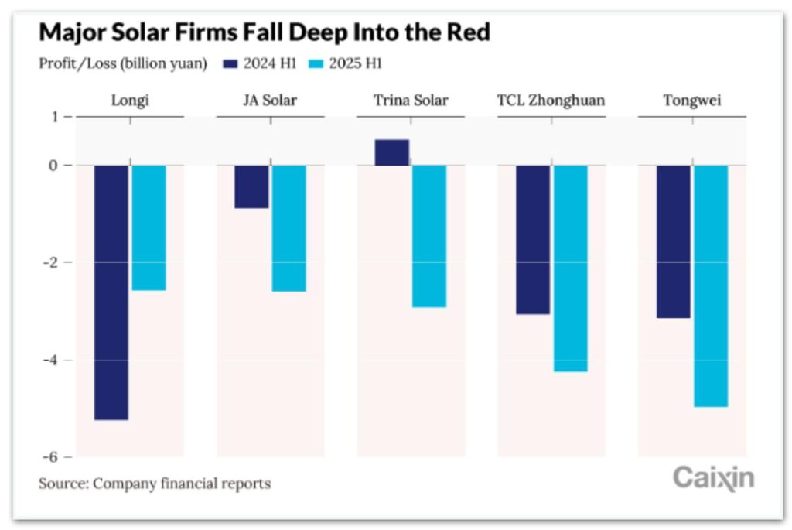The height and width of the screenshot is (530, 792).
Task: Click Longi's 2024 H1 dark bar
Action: (x=111, y=292)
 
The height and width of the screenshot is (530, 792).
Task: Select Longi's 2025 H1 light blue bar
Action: (x=148, y=227)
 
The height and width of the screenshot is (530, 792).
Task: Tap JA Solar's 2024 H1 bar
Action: (x=251, y=186)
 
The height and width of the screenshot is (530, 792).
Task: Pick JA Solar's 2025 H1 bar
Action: (x=288, y=228)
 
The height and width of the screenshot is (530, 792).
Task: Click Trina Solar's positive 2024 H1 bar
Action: (x=391, y=152)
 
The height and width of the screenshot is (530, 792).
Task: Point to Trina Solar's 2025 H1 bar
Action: (x=428, y=236)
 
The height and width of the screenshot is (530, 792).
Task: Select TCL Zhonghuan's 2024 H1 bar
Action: (x=533, y=240)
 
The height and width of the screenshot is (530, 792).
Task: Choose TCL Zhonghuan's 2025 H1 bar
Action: (x=570, y=268)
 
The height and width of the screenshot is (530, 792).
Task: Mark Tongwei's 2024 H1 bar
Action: (x=673, y=241)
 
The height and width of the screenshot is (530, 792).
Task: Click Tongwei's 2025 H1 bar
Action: (x=710, y=286)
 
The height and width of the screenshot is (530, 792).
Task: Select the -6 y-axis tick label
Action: (x=51, y=456)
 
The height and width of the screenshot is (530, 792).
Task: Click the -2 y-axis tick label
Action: (x=51, y=263)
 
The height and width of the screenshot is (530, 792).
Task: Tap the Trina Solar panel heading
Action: (x=411, y=101)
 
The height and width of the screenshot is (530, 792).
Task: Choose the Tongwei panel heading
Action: (x=692, y=101)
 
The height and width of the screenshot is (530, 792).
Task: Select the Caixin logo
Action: (x=713, y=477)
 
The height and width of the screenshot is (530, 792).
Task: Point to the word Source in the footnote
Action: (x=63, y=484)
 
